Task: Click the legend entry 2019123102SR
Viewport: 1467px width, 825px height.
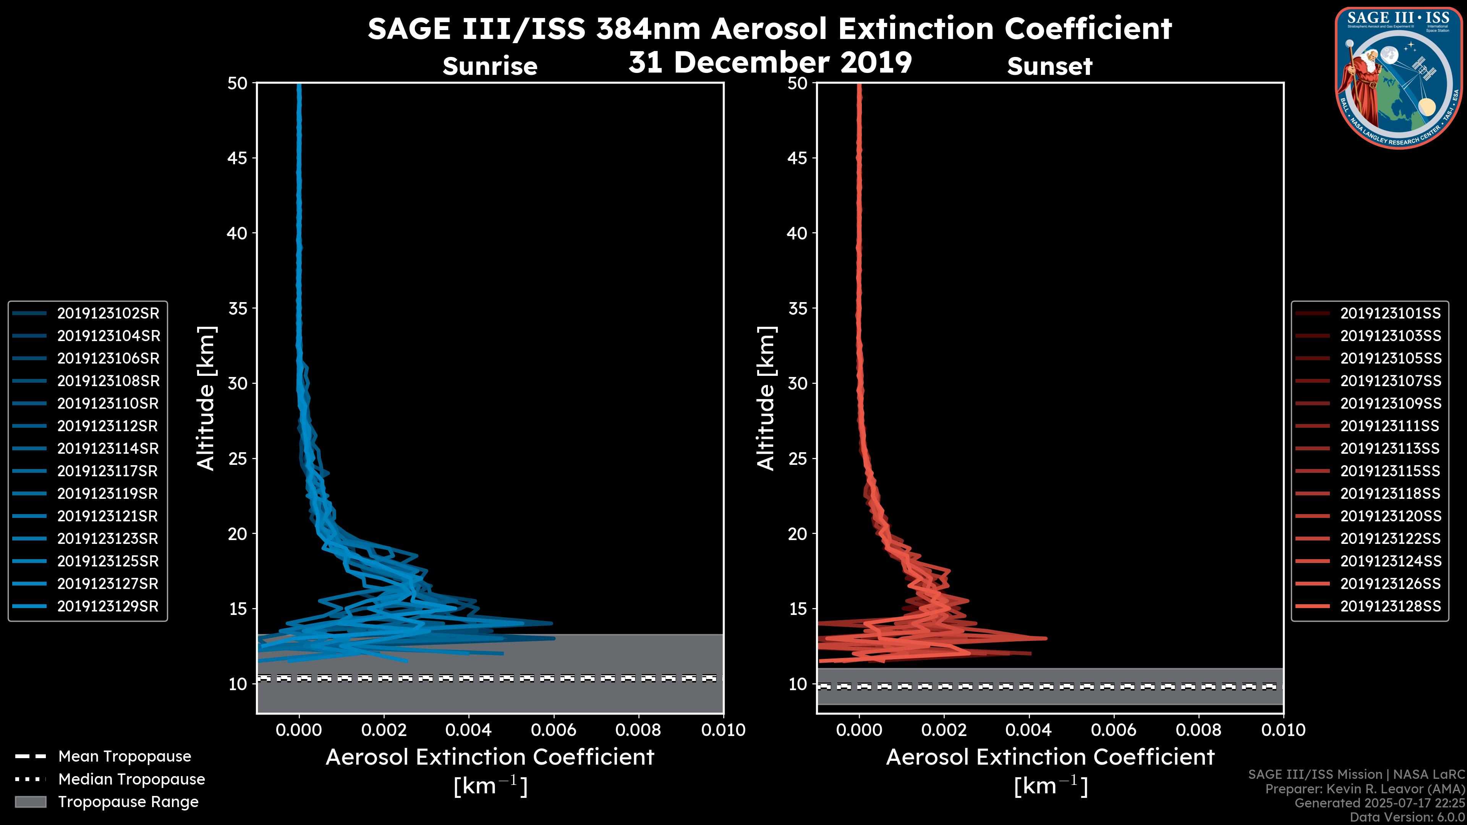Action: (x=108, y=313)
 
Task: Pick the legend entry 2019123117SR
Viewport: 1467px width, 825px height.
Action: (x=108, y=471)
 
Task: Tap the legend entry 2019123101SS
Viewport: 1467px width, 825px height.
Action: (x=1390, y=313)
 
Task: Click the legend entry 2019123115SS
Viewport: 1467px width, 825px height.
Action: (x=1390, y=471)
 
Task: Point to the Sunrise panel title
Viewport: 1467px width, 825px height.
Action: (x=490, y=66)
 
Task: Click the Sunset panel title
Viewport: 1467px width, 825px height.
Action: (x=1049, y=66)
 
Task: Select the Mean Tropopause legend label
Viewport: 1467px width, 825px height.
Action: (x=125, y=756)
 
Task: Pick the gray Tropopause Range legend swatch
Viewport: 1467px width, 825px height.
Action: (x=30, y=802)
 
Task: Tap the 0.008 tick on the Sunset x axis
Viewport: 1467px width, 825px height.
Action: (x=1199, y=730)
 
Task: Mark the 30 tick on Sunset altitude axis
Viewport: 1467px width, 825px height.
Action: (x=797, y=383)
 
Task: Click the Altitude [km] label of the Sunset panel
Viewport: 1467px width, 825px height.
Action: (x=766, y=398)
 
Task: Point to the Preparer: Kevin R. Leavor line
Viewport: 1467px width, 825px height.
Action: (x=1365, y=789)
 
